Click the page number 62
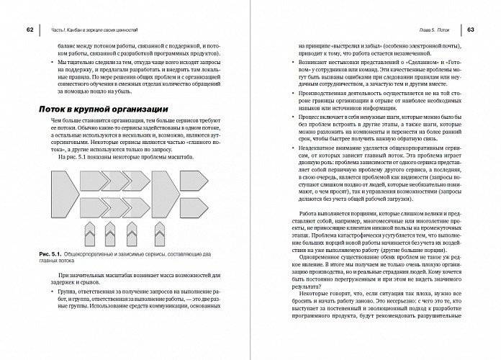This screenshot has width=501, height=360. [30, 30]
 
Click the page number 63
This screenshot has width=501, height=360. [469, 30]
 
